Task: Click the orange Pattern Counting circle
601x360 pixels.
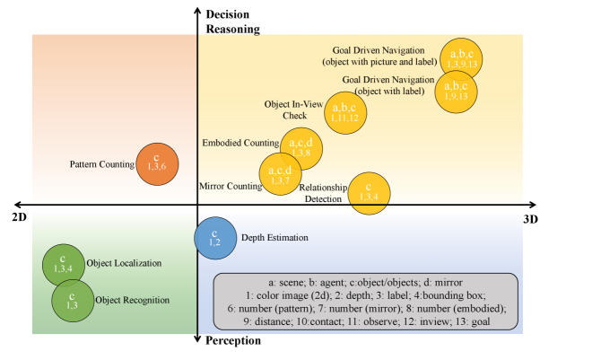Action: pyautogui.click(x=157, y=163)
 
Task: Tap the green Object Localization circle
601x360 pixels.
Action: pyautogui.click(x=63, y=264)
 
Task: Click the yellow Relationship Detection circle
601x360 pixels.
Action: pyautogui.click(x=369, y=195)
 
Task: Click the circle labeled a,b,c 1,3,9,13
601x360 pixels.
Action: pyautogui.click(x=460, y=59)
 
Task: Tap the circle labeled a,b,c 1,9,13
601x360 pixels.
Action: pyautogui.click(x=456, y=91)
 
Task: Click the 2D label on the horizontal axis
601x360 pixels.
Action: pyautogui.click(x=18, y=218)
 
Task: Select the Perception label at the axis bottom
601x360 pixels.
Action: pyautogui.click(x=233, y=341)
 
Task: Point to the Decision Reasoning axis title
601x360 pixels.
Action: pyautogui.click(x=231, y=22)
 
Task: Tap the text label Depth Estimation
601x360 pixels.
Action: pyautogui.click(x=274, y=238)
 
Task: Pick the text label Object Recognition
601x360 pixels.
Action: pyautogui.click(x=131, y=300)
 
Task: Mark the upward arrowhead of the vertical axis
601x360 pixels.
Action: pyautogui.click(x=197, y=12)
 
